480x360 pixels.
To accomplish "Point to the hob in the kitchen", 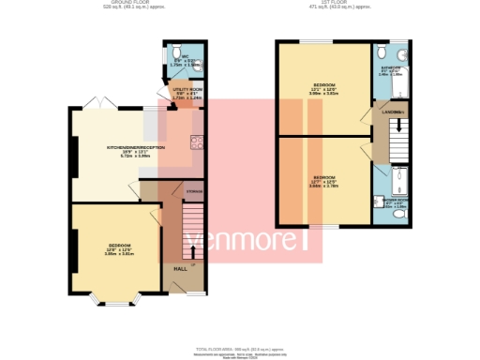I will coord(196,143).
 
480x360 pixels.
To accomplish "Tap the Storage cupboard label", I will coord(192,192).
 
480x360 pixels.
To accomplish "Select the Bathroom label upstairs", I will coord(390,68).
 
